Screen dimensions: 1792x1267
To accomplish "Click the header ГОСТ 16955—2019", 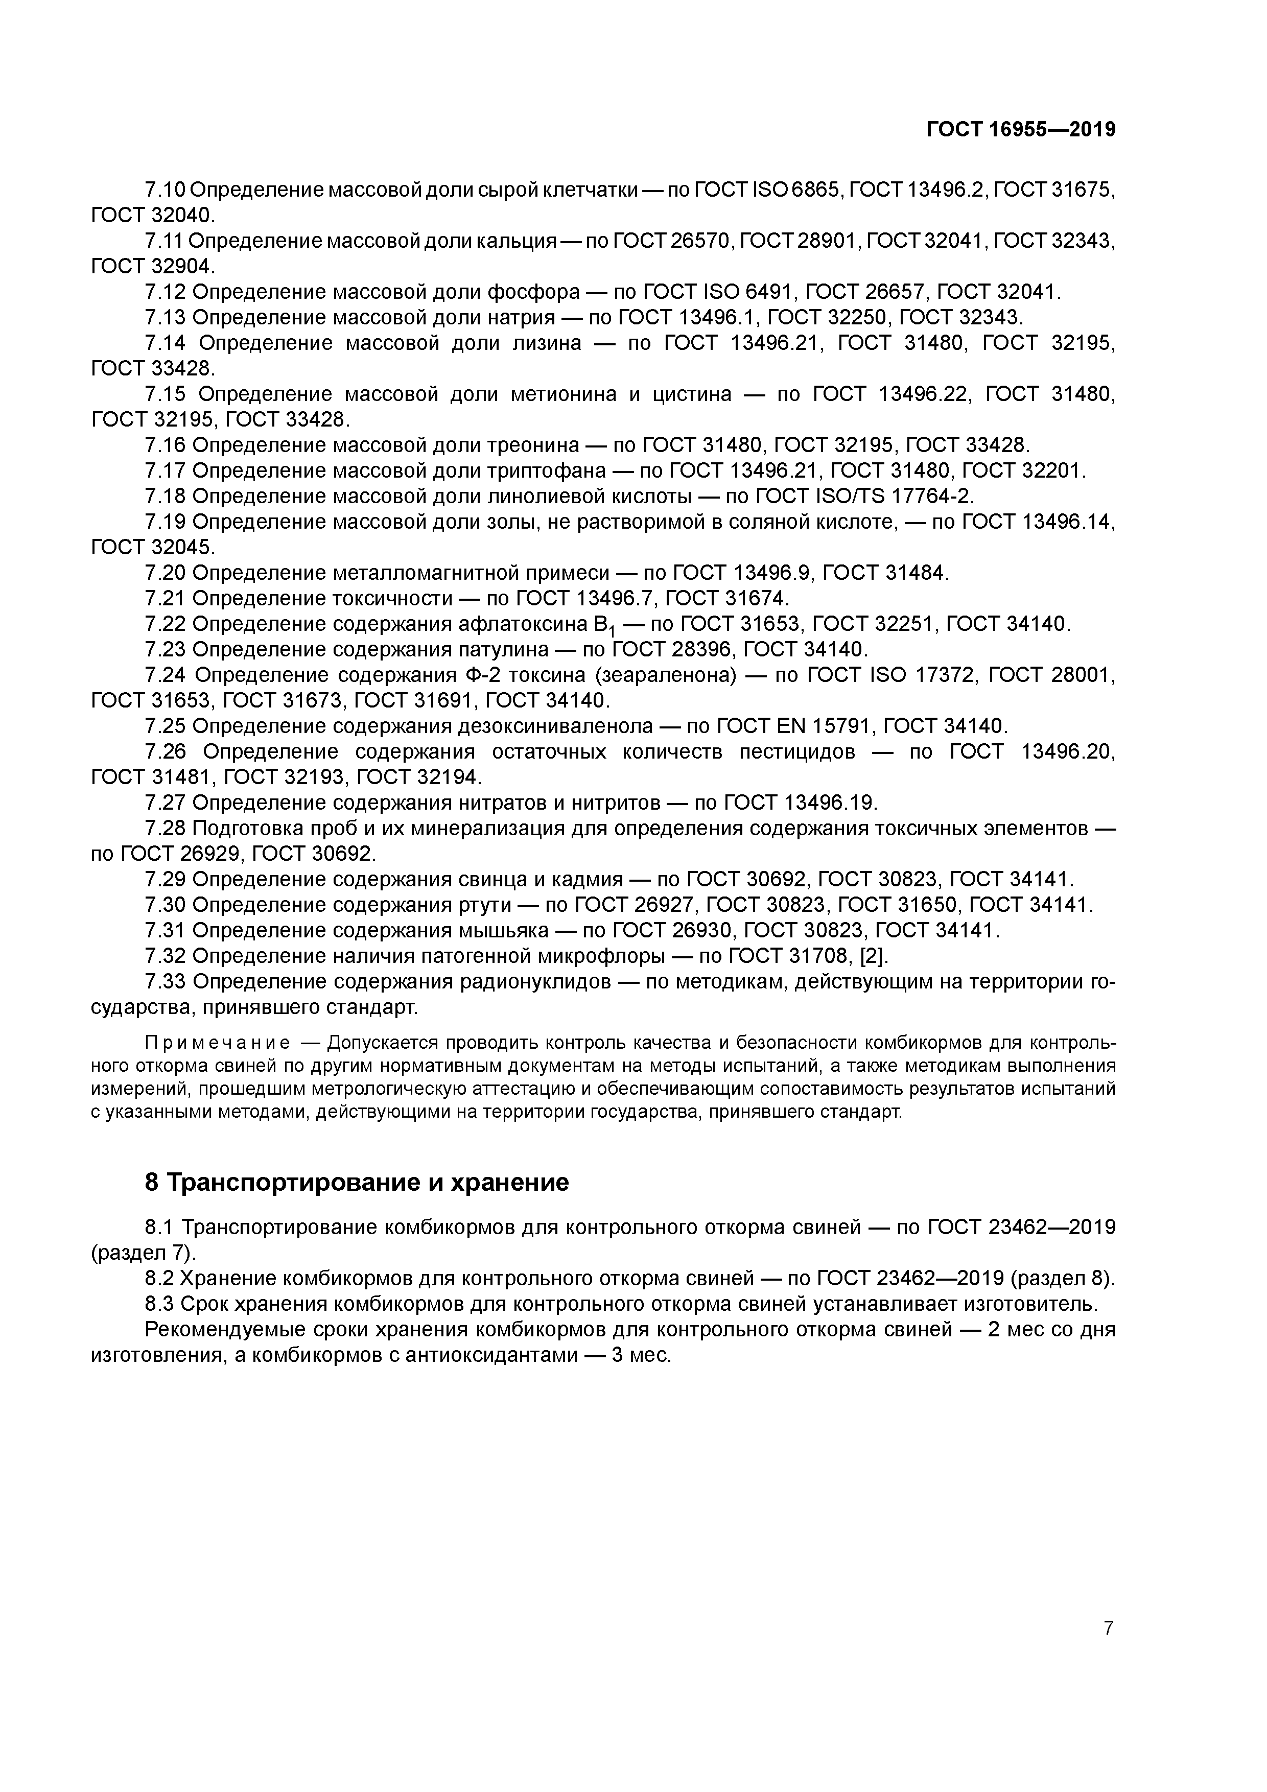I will [1020, 130].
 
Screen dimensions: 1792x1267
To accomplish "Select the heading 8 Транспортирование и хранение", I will [357, 1183].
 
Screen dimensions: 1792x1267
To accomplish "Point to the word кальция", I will [511, 241].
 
